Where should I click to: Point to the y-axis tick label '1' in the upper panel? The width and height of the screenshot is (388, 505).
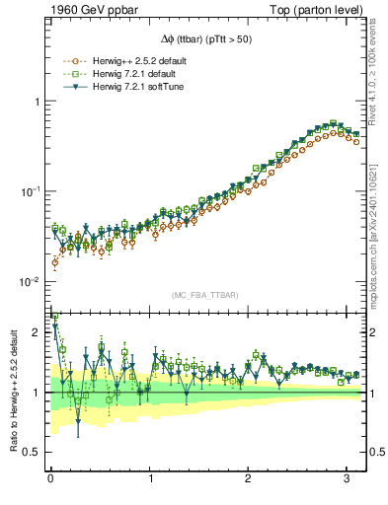(x=37, y=102)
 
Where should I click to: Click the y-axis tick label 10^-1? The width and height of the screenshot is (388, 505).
(x=30, y=191)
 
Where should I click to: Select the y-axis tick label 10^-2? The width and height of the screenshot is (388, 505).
(x=30, y=282)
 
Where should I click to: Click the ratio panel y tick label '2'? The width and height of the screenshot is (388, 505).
(x=37, y=332)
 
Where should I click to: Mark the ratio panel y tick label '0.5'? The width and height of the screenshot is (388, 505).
(x=32, y=452)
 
